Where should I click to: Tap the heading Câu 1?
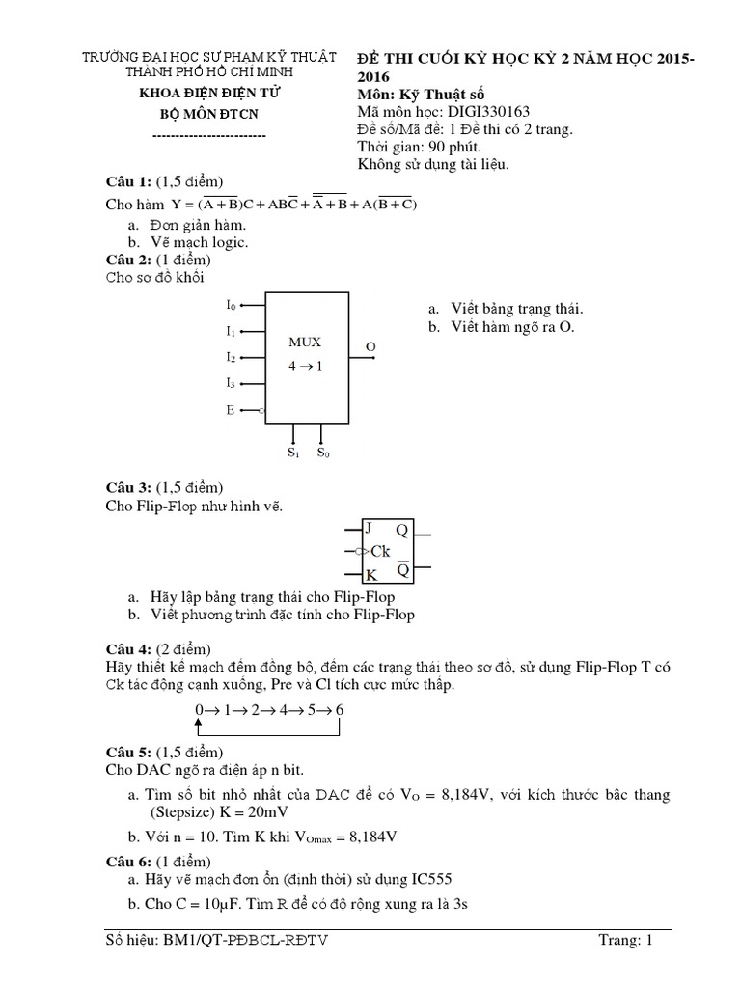pos(128,182)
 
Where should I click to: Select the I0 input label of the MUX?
pos(231,305)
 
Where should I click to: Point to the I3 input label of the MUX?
pos(231,383)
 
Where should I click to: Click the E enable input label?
pos(231,410)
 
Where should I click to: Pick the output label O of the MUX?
pos(370,345)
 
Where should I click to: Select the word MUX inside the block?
pos(305,342)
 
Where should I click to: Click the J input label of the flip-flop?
pos(368,528)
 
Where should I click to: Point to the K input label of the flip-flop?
pos(370,575)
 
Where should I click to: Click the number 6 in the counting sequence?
pos(340,711)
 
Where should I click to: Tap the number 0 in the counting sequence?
pos(199,711)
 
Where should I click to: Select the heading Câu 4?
pos(128,647)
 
